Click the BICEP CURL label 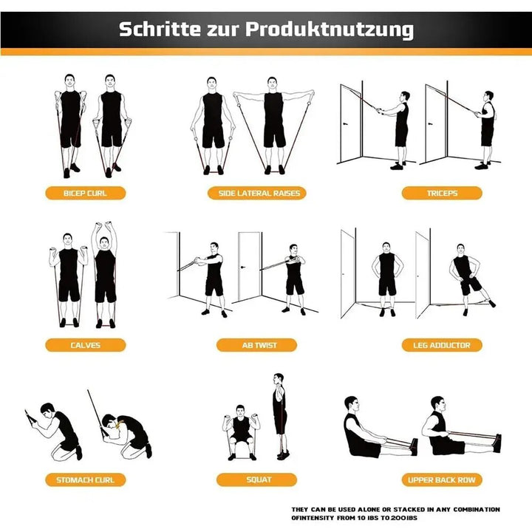pyautogui.click(x=85, y=194)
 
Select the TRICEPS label pyautogui.click(x=442, y=194)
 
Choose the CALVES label pyautogui.click(x=85, y=345)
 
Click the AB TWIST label pyautogui.click(x=256, y=345)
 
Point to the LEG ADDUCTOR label pyautogui.click(x=442, y=345)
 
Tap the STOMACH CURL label pyautogui.click(x=85, y=480)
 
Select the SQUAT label pyautogui.click(x=256, y=480)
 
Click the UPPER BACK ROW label pyautogui.click(x=442, y=480)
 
